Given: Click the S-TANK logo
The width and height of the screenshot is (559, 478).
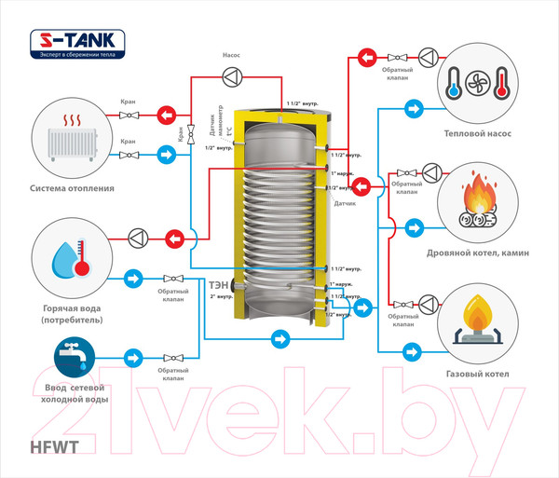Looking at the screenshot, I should point(76,42).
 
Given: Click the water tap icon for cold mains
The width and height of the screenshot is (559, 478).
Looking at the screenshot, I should point(71,357).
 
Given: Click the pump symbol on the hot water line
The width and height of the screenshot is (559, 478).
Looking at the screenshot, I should point(136,239).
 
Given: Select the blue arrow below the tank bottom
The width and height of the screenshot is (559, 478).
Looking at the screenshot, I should point(279,339).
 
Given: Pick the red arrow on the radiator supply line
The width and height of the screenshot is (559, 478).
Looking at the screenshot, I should point(167,116).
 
